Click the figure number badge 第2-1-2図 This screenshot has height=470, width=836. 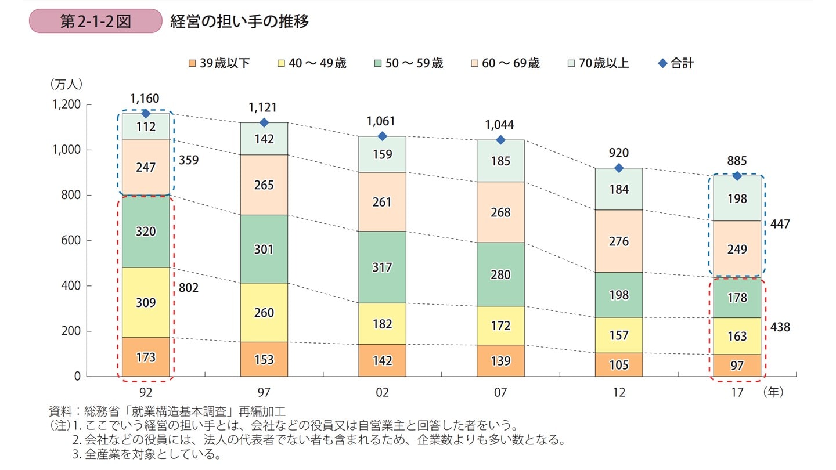click(x=95, y=21)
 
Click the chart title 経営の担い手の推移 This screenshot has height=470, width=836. click(x=239, y=21)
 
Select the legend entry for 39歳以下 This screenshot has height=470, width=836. click(x=219, y=63)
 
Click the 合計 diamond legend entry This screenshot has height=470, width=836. click(x=676, y=63)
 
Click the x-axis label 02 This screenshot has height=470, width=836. click(x=382, y=393)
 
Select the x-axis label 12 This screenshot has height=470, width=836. click(x=619, y=393)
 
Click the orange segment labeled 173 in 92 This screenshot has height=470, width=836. click(x=146, y=357)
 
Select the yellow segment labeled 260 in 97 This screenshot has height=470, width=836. click(x=264, y=313)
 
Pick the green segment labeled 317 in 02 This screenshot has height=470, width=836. click(x=382, y=267)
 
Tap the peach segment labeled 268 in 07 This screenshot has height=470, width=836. click(x=500, y=212)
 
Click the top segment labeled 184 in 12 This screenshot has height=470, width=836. click(x=619, y=189)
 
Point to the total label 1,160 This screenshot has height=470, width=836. click(x=146, y=99)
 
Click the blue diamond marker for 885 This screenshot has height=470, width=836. click(x=737, y=176)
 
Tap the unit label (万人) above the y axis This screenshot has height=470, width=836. click(x=66, y=84)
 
